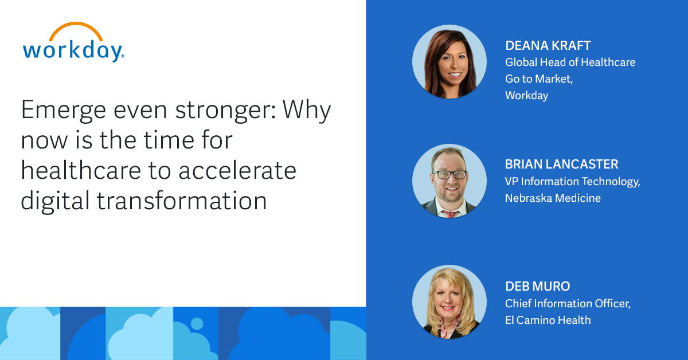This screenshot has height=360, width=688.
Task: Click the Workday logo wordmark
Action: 72,50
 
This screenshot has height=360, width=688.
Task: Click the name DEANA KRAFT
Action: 547,45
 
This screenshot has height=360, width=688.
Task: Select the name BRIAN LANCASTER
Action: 561,165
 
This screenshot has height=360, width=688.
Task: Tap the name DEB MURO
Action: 537,287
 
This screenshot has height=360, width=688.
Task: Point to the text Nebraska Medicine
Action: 553,198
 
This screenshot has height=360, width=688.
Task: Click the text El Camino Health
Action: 548,320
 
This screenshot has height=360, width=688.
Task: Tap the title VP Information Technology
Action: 572,181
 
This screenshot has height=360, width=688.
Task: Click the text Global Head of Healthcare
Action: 570,62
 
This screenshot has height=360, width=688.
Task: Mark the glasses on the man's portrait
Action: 449,174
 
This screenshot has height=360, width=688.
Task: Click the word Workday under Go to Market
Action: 526,95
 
